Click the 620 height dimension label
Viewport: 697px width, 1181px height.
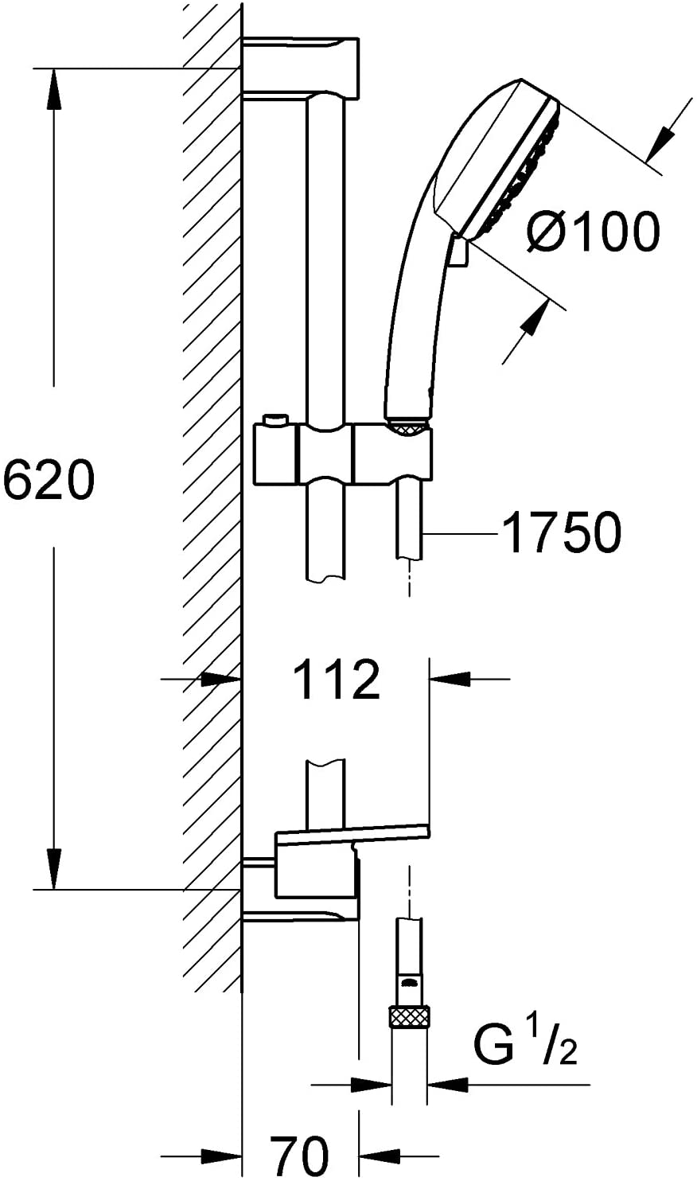49,481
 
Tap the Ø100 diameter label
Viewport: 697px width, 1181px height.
593,232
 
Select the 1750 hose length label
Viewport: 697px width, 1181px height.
562,532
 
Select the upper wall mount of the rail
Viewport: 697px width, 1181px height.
301,68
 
